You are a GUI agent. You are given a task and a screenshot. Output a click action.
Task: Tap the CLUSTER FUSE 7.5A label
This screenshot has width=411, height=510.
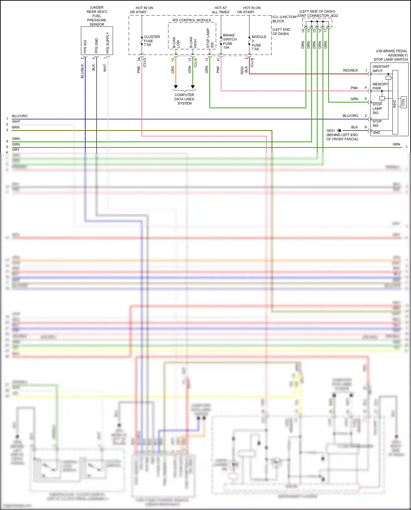[x=152, y=41]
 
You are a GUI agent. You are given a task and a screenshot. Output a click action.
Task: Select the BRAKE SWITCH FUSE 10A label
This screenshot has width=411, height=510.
[x=230, y=41]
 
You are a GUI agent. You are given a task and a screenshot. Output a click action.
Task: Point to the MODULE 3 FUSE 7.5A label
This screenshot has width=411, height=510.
[x=259, y=43]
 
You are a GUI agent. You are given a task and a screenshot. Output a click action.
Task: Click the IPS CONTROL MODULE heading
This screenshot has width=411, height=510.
[x=192, y=20]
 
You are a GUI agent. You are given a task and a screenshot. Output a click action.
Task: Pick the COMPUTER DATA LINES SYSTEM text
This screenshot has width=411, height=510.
[x=184, y=99]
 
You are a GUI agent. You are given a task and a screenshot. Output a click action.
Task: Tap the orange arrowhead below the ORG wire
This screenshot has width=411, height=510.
[x=176, y=87]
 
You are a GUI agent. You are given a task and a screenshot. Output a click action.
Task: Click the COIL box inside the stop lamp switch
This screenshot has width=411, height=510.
[x=403, y=102]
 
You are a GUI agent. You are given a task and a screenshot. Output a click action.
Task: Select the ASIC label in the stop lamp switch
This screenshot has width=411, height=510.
[x=395, y=104]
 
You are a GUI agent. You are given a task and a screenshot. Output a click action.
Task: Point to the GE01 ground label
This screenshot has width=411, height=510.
[x=330, y=131]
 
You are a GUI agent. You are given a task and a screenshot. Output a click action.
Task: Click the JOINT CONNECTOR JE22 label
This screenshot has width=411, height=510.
[x=318, y=16]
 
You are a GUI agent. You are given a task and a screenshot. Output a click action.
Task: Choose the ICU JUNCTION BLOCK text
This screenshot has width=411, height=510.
[x=284, y=19]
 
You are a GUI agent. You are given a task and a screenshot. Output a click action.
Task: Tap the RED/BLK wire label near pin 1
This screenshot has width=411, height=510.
[x=350, y=70]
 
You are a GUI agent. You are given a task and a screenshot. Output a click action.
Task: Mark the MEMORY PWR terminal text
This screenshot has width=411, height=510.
[x=380, y=86]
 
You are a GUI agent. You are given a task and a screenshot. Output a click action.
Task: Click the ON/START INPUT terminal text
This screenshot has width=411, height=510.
[x=381, y=69]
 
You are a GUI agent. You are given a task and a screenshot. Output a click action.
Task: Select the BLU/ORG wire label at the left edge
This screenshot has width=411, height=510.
[x=20, y=116]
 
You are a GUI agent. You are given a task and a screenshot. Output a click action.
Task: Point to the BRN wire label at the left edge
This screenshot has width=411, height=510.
[x=16, y=127]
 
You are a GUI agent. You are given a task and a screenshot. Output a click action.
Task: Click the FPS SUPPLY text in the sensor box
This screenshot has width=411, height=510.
[x=108, y=43]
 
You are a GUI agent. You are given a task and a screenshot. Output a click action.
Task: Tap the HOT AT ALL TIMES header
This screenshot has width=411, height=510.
[x=221, y=10]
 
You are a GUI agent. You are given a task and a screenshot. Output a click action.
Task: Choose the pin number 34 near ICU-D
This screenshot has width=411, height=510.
[x=139, y=59]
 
